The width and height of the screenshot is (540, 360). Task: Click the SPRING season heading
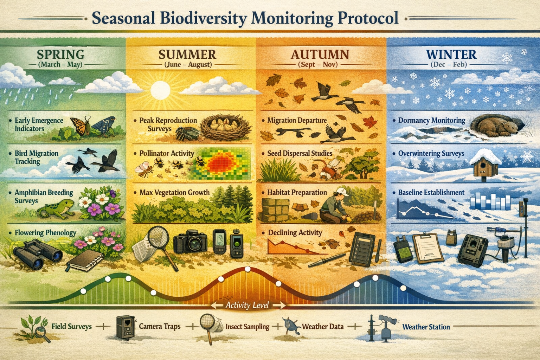point(60,54)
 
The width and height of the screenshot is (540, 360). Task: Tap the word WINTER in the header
point(451,54)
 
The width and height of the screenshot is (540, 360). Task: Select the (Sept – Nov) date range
point(317,65)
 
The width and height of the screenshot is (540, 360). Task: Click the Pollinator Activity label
point(167,153)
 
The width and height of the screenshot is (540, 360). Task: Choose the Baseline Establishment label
point(431,192)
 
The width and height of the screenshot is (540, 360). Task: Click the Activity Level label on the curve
point(247,305)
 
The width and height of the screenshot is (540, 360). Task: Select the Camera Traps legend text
point(160,326)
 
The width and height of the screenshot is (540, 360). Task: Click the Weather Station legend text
point(426,327)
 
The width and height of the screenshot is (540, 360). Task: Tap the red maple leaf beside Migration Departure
point(369,123)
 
